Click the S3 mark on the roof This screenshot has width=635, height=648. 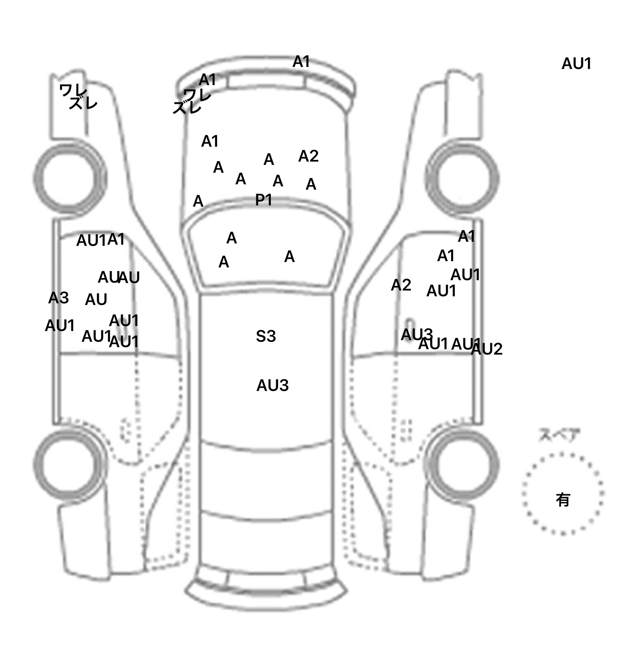[x=265, y=336]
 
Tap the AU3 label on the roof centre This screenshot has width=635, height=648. [x=272, y=386]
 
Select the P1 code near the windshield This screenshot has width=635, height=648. [x=263, y=200]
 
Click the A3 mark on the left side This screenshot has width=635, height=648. [x=58, y=298]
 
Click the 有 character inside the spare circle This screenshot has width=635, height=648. [x=563, y=500]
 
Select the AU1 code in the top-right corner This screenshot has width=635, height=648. [x=576, y=64]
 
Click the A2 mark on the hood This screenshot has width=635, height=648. [x=308, y=156]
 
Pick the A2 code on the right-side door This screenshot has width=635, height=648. [x=401, y=285]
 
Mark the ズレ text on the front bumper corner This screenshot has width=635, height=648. [x=187, y=108]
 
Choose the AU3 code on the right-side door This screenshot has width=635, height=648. [x=417, y=334]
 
